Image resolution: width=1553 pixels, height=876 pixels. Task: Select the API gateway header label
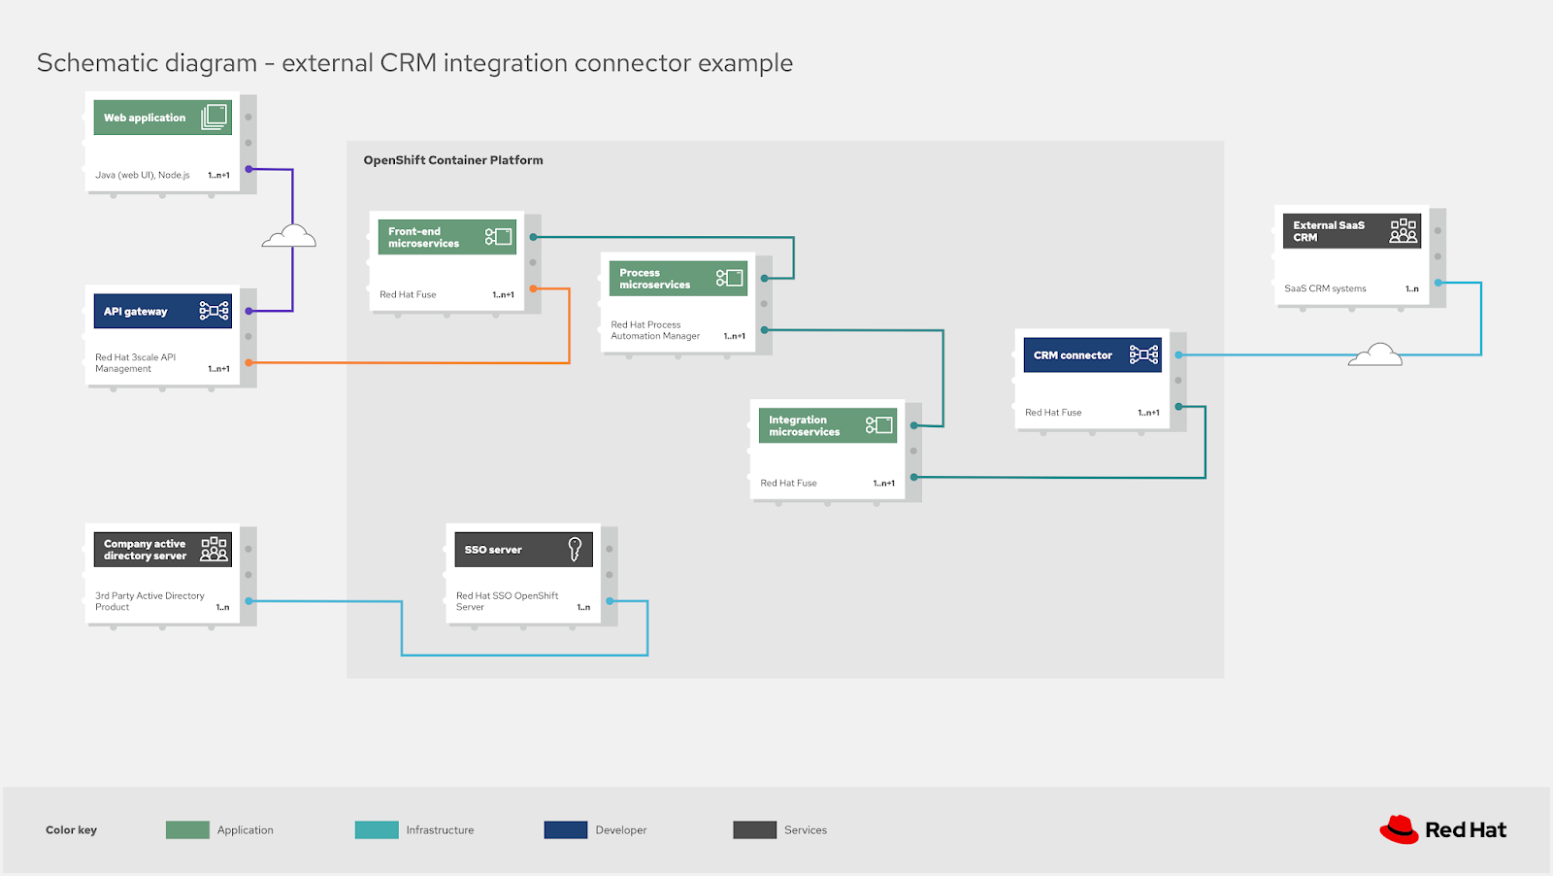136,312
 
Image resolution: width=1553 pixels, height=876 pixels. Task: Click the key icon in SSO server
575,550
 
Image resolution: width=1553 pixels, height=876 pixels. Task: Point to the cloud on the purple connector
289,236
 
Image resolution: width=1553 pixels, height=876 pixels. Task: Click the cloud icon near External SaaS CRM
1375,354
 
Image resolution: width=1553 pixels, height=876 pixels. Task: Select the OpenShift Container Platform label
453,160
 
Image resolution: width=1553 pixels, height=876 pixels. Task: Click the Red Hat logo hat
1399,829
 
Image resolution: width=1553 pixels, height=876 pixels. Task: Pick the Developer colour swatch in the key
566,829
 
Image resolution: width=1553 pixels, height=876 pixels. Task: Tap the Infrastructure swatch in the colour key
377,829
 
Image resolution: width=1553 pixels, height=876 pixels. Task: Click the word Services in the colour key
806,830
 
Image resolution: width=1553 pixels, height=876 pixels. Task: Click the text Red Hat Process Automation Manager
655,330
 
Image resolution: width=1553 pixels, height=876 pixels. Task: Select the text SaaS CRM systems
1325,288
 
